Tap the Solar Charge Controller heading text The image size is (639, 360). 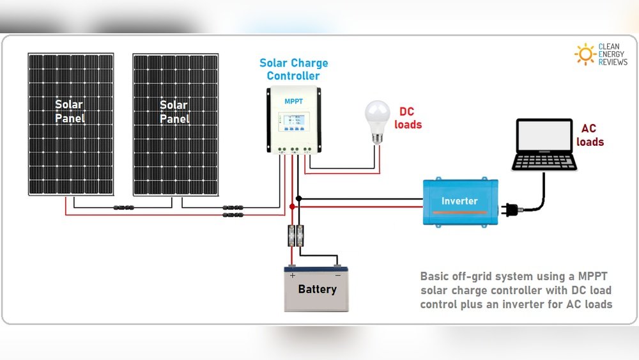(x=293, y=69)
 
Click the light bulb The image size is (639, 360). (x=376, y=119)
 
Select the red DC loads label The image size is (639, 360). (x=408, y=118)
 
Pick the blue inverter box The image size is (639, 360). (x=459, y=201)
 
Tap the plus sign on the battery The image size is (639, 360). (x=293, y=275)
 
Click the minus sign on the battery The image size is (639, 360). (x=337, y=275)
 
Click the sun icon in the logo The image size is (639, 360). (x=585, y=54)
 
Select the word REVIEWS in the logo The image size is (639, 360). (x=612, y=62)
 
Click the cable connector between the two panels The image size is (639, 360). (x=123, y=207)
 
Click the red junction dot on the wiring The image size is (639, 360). (x=292, y=207)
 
